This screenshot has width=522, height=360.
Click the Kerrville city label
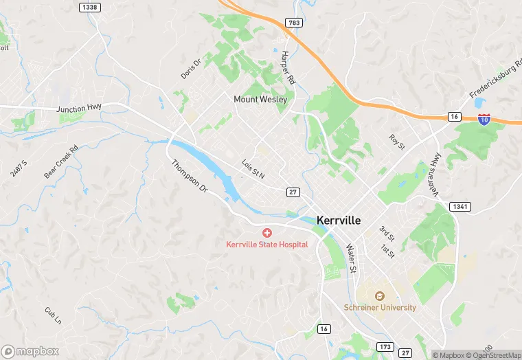pos(348,221)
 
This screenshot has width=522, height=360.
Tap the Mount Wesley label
pos(260,99)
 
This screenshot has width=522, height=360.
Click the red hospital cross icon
pos(267,234)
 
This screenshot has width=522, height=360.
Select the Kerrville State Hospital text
pos(267,245)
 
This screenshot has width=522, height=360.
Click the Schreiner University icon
pos(378,296)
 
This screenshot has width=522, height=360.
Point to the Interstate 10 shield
pos(485,118)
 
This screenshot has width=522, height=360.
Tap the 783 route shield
pos(294,23)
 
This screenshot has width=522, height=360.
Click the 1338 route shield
pos(89,7)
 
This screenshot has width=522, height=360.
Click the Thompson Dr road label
pos(189,176)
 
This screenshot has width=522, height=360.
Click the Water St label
pos(352,258)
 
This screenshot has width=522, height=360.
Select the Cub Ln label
pos(53,315)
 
